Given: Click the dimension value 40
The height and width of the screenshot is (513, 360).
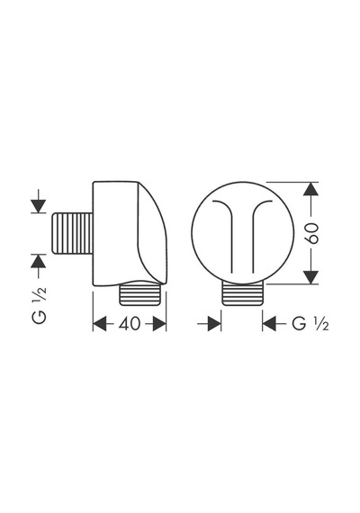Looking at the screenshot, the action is pyautogui.click(x=130, y=324).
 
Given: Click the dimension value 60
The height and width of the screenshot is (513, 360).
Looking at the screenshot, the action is pyautogui.click(x=312, y=233).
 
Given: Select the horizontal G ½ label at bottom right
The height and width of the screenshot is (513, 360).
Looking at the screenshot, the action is pyautogui.click(x=310, y=324).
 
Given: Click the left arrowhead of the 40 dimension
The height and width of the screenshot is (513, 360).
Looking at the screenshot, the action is pyautogui.click(x=100, y=324).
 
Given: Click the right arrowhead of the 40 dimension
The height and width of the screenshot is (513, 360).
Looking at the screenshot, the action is pyautogui.click(x=159, y=324).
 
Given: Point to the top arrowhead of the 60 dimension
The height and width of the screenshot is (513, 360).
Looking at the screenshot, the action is pyautogui.click(x=310, y=189).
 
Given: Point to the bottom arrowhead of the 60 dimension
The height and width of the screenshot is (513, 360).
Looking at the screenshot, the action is pyautogui.click(x=310, y=277).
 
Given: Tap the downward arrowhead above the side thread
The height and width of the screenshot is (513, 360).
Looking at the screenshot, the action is pyautogui.click(x=39, y=206).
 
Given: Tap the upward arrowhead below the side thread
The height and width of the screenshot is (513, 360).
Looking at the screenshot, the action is pyautogui.click(x=39, y=261).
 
